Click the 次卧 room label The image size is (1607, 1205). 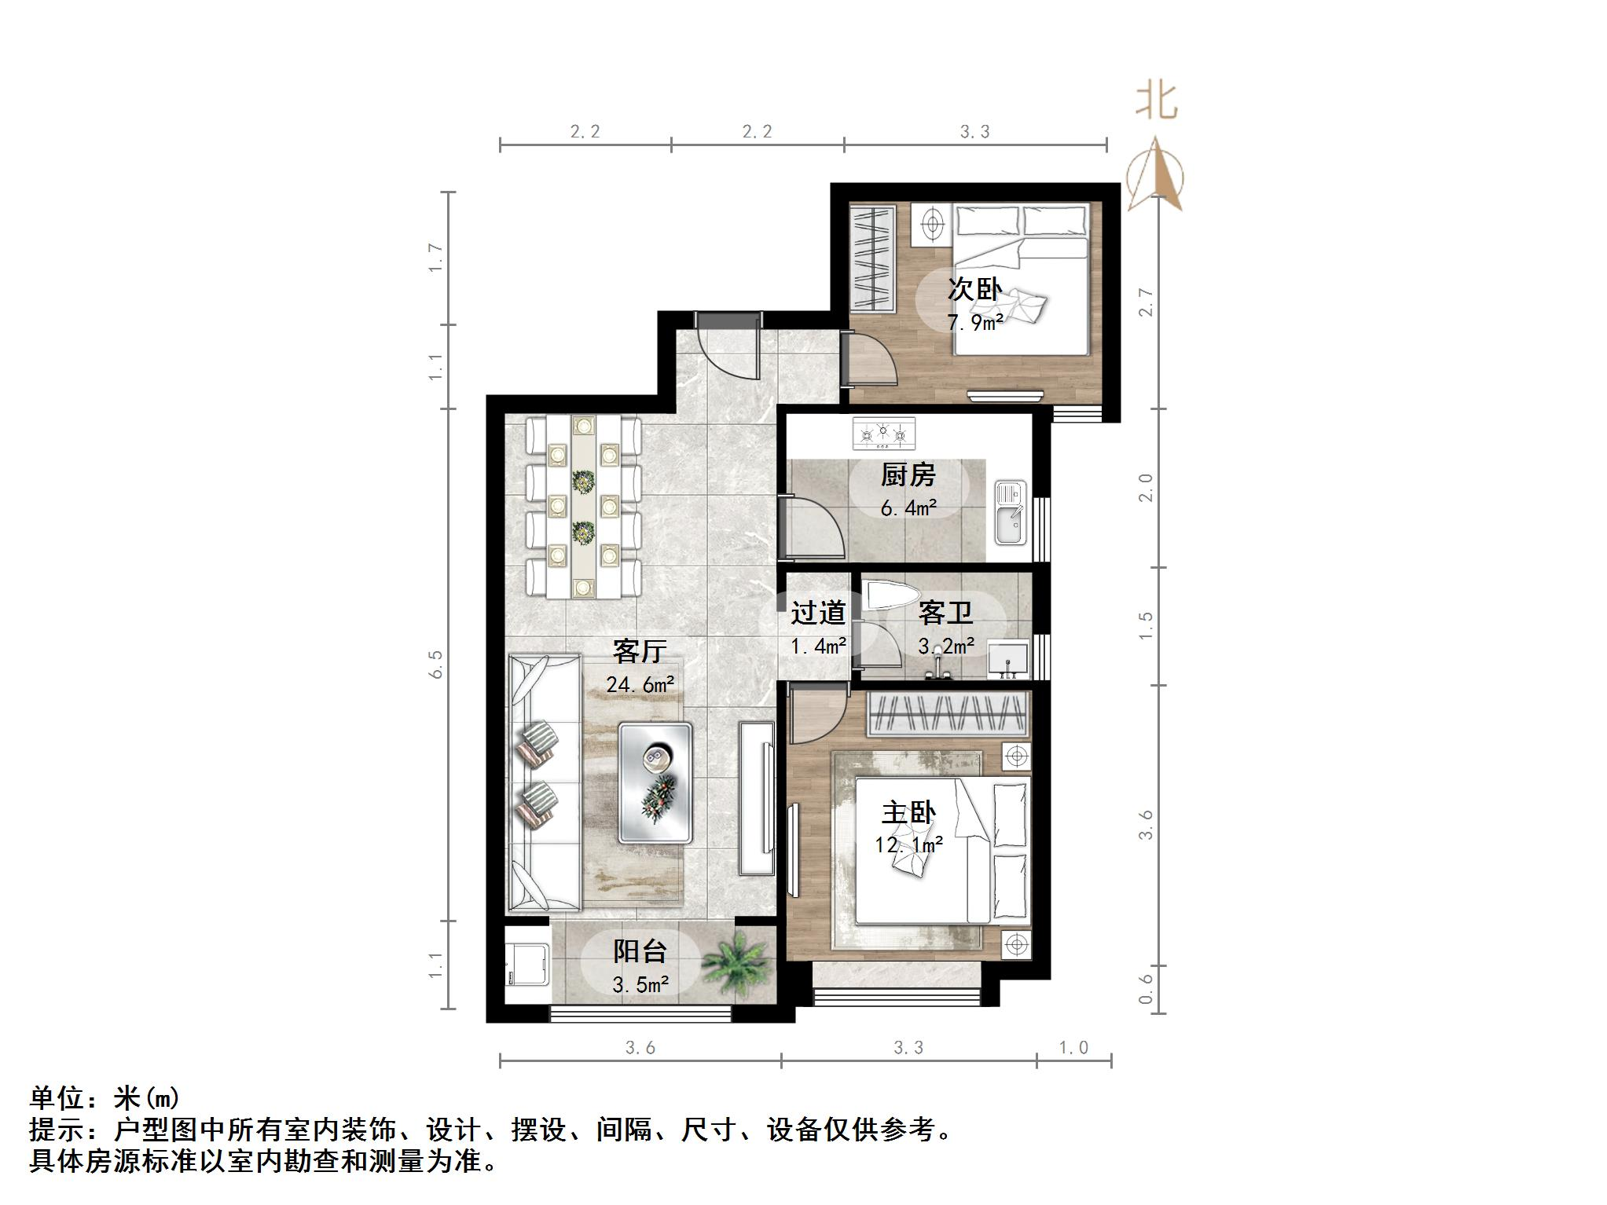tap(974, 289)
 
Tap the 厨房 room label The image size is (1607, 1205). tap(908, 474)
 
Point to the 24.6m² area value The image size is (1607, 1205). tap(640, 684)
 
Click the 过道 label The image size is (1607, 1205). tap(817, 613)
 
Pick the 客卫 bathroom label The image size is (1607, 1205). tap(945, 613)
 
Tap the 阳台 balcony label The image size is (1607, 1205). tap(640, 952)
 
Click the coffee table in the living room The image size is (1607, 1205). tap(655, 782)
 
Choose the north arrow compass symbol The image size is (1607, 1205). tap(1155, 176)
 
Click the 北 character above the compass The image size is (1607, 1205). tap(1156, 101)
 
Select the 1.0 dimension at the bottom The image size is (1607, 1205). tap(1073, 1047)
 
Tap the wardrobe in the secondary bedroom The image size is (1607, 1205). tap(873, 258)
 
